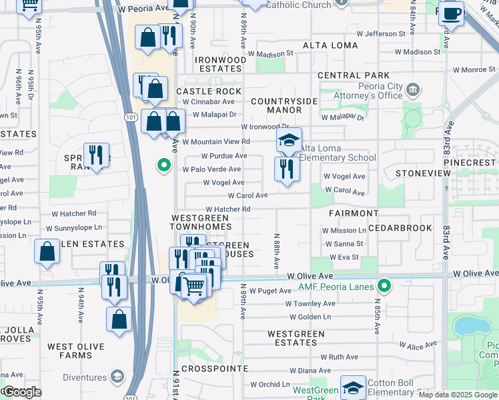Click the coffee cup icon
[x=451, y=13]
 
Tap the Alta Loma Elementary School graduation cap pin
[x=289, y=141]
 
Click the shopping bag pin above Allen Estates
[x=47, y=253]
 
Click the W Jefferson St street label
[x=381, y=33]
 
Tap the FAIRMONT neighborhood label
[x=354, y=213]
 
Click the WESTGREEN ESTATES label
[x=296, y=338]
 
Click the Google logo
[x=21, y=392]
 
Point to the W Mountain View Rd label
[x=216, y=141]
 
